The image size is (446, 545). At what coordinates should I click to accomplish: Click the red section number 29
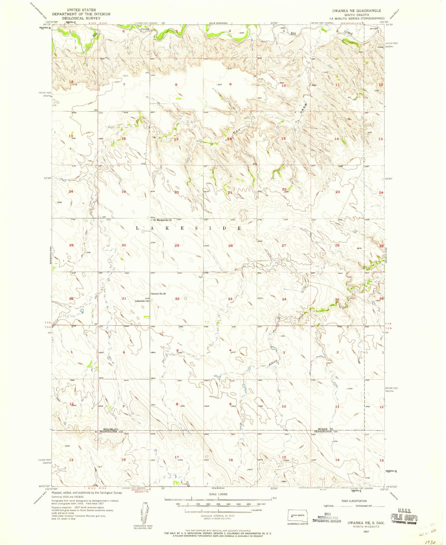point(177,245)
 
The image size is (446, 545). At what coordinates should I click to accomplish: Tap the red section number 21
point(230,192)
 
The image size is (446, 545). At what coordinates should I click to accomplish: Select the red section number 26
point(337,245)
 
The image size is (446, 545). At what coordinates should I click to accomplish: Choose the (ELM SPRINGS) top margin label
point(218,23)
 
